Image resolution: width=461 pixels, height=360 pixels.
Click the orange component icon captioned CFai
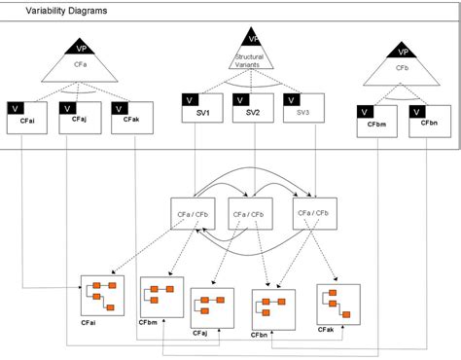point(102,294)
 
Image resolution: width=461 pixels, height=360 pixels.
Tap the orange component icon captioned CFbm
point(160,296)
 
